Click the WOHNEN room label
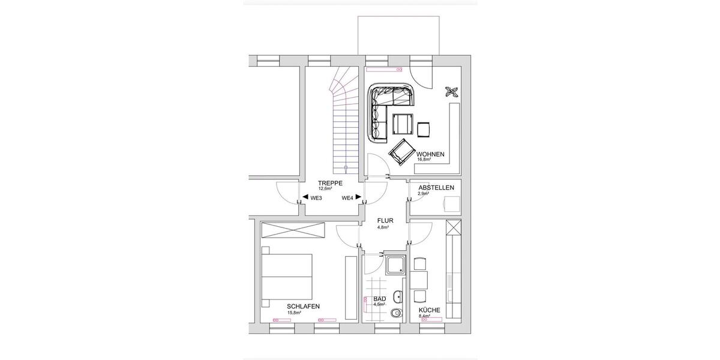click(430, 154)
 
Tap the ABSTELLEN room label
click(436, 188)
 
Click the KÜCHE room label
click(430, 310)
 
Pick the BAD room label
click(379, 298)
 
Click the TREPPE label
click(330, 183)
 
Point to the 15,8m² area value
click(294, 313)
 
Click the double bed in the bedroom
click(288, 276)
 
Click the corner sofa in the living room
click(384, 108)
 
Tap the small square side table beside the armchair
click(424, 128)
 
